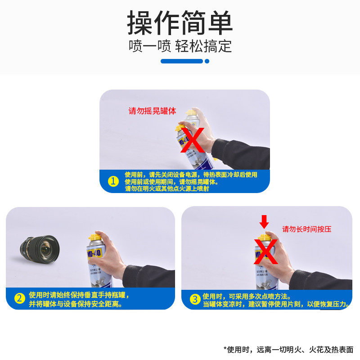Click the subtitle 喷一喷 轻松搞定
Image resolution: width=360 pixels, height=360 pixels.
click(x=180, y=46)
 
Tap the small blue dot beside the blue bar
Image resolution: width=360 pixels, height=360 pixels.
click(x=207, y=61)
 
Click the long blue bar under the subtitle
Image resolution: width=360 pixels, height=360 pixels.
click(x=181, y=61)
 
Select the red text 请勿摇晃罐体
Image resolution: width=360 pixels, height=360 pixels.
click(x=152, y=111)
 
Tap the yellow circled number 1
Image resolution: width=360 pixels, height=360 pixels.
click(x=113, y=182)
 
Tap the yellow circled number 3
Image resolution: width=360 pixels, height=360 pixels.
click(x=194, y=299)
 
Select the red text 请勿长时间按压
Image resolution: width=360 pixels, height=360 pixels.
click(x=306, y=229)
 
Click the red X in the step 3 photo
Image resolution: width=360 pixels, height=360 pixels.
click(x=266, y=251)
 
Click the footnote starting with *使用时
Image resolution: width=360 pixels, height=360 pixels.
click(x=288, y=349)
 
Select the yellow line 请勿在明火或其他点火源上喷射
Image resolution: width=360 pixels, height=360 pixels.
click(x=166, y=189)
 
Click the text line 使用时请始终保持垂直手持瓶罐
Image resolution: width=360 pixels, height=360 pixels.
click(x=79, y=295)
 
